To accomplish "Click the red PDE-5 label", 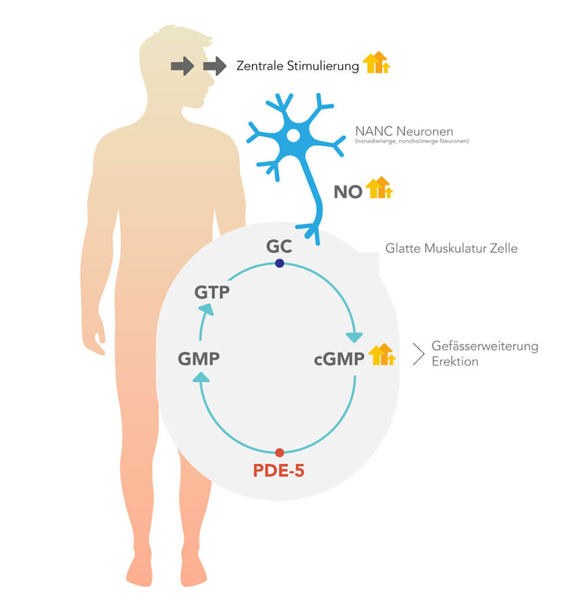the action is click(x=279, y=470).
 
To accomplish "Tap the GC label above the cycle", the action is click(x=279, y=246).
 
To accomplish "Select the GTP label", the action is click(x=212, y=292).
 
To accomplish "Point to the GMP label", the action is click(x=199, y=358).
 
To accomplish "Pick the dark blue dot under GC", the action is click(x=280, y=263).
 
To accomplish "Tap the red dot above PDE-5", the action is click(x=280, y=453).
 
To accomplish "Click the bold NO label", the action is click(x=348, y=192).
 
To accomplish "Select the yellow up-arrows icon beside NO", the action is click(x=379, y=187).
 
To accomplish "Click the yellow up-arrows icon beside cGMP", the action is click(x=382, y=354).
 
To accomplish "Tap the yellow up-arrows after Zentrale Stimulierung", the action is click(x=376, y=62).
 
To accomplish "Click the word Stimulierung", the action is click(x=323, y=66).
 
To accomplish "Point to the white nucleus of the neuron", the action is click(x=293, y=136).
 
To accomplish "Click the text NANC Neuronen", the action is click(x=404, y=131).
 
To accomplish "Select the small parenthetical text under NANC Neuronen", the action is click(x=412, y=141).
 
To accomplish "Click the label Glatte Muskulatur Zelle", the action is click(x=451, y=249).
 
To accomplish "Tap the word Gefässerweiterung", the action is click(x=485, y=346).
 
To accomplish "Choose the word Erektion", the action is click(x=455, y=361).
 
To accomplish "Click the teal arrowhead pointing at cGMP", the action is click(x=354, y=337).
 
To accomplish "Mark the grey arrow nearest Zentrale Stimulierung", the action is click(x=215, y=66).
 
